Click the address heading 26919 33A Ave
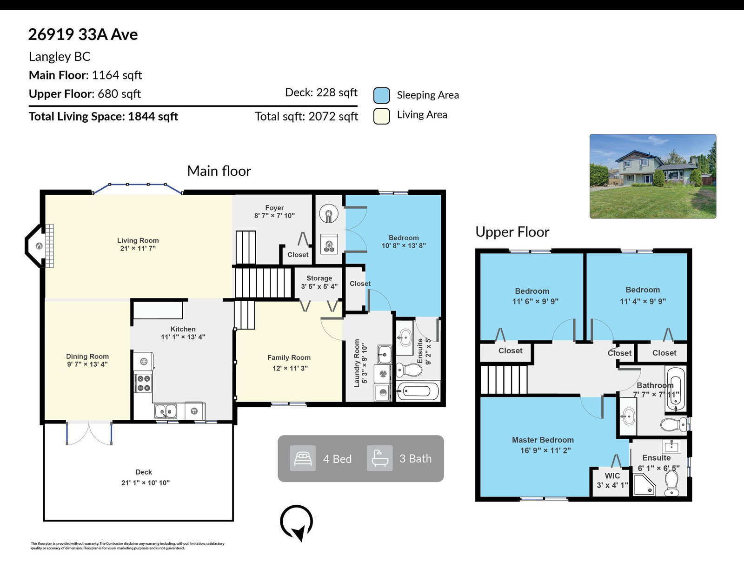83,34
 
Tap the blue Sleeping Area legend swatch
381,95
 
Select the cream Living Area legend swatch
381,116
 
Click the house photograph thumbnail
652,176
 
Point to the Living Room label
138,241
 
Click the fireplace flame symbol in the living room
39,246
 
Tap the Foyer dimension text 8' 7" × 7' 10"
274,216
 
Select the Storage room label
319,278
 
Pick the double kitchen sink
166,411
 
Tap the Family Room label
289,357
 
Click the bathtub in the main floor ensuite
418,391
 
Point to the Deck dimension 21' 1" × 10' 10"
146,483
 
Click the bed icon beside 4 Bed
303,458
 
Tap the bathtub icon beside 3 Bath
380,458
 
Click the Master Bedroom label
543,440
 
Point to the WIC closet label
612,476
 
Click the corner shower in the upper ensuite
644,484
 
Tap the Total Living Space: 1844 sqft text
103,117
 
